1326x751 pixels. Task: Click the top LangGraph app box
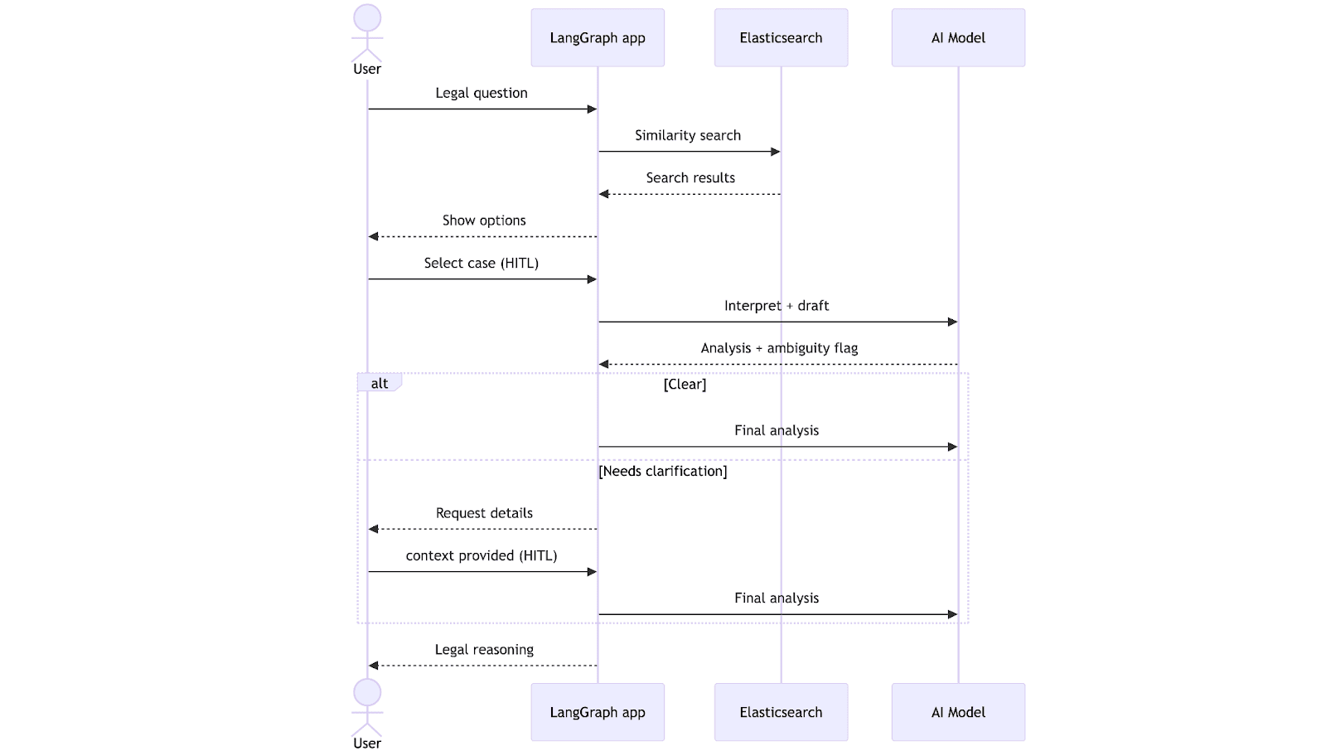598,38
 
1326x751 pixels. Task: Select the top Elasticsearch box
781,38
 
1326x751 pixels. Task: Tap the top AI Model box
958,38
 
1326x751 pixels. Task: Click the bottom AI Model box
958,712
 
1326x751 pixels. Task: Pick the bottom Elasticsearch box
781,712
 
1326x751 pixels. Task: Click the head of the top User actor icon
367,18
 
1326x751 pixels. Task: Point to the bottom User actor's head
367,692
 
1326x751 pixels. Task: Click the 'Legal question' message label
482,93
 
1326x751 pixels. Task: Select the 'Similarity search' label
688,135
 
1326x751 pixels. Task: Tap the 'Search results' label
690,177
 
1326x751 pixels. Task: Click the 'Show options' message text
484,220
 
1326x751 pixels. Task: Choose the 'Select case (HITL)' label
482,263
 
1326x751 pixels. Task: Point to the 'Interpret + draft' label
777,306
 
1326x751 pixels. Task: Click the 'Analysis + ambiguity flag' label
779,348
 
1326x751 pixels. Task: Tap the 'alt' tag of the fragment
380,383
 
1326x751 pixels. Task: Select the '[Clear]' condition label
685,385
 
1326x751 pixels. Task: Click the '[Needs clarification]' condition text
663,471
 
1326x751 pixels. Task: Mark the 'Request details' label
484,513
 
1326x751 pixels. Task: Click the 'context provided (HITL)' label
482,555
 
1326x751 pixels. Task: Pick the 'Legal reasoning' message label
484,650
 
